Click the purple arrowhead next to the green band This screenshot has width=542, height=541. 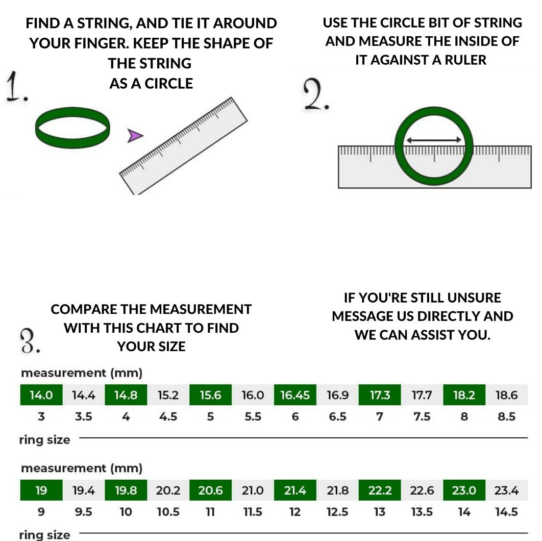134,136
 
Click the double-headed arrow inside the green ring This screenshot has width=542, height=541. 433,140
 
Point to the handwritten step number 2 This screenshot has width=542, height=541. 316,94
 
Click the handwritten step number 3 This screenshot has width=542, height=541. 30,341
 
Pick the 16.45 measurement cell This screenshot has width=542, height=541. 295,395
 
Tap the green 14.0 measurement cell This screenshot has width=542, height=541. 41,395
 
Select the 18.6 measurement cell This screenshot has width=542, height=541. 506,395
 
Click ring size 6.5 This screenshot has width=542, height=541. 337,416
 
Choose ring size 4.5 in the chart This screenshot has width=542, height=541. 168,416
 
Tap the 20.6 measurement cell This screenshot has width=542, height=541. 210,490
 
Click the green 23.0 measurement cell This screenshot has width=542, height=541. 464,490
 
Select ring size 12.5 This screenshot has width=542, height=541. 337,511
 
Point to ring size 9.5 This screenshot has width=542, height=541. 84,511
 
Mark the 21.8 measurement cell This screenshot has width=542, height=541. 337,490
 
